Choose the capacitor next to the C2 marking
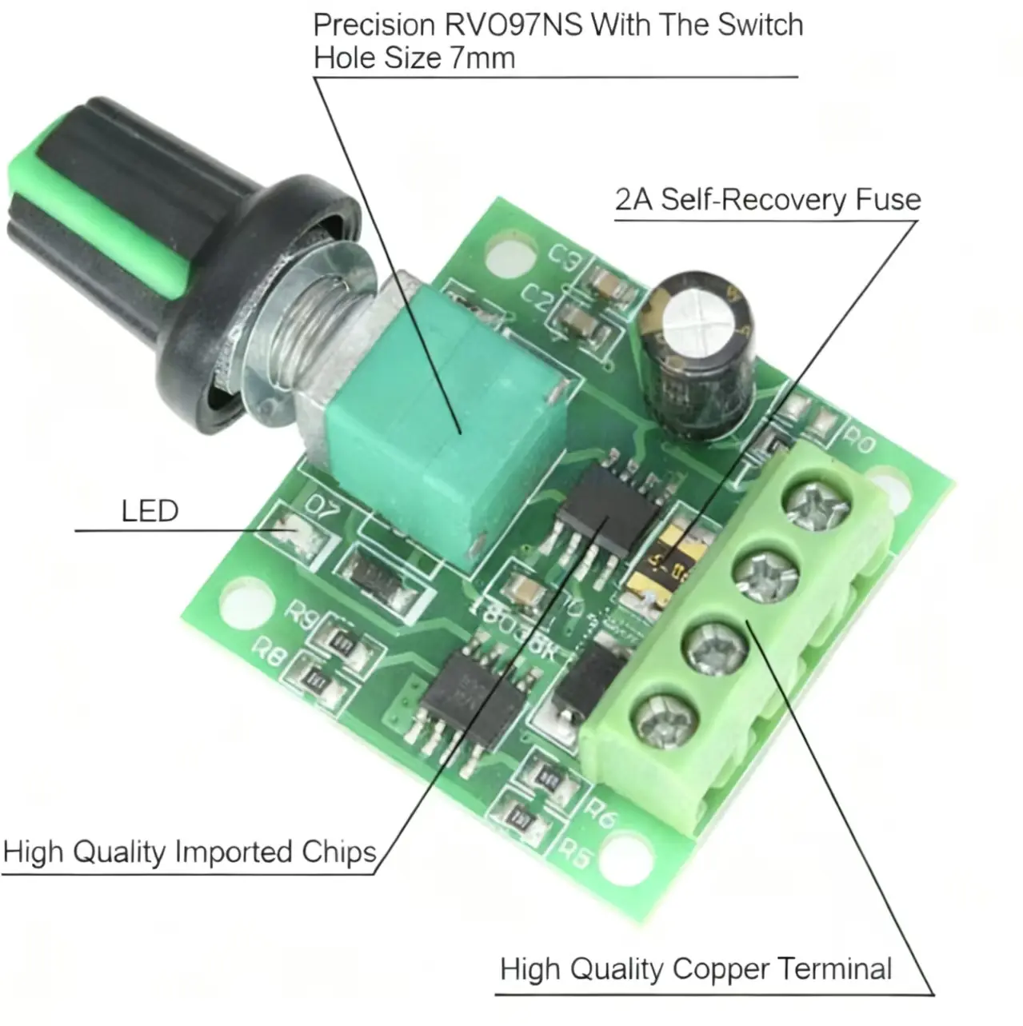tap(577, 320)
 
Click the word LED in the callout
tap(150, 511)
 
